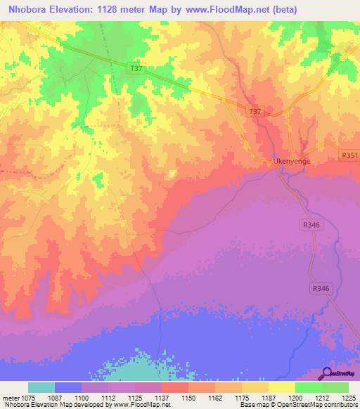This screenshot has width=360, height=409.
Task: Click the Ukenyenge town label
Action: pos(291,161)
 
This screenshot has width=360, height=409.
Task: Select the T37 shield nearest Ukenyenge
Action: pos(255,112)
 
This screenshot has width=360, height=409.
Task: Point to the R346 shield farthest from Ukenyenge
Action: pos(321,288)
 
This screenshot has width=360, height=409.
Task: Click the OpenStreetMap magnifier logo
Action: pos(326,372)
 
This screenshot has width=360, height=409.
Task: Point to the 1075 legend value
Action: pos(29,398)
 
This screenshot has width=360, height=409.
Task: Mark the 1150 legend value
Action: pos(189,398)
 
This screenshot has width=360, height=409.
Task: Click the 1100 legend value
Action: pos(82,398)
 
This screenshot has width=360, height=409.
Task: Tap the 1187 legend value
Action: pos(269,398)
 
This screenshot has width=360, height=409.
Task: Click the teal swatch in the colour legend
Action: pos(41,387)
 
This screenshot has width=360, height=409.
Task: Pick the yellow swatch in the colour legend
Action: pos(281,387)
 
